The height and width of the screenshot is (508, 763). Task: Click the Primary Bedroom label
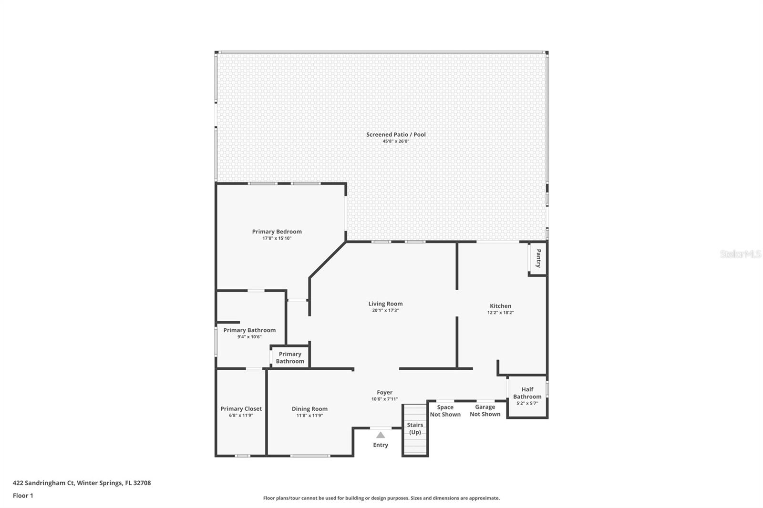click(x=277, y=232)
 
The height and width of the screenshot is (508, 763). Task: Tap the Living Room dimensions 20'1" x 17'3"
click(x=385, y=310)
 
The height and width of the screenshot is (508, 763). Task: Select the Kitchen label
click(x=500, y=306)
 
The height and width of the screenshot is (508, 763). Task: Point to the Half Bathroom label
click(x=527, y=393)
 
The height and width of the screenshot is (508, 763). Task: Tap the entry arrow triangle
click(x=381, y=435)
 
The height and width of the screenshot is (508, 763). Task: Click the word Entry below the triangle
click(x=381, y=445)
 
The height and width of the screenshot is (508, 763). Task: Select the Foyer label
click(x=384, y=392)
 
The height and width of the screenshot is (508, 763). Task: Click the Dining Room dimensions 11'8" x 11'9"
click(x=309, y=416)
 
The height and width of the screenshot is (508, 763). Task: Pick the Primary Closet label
click(x=241, y=408)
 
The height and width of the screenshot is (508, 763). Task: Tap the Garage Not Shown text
click(x=485, y=410)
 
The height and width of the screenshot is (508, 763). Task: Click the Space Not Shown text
click(x=445, y=410)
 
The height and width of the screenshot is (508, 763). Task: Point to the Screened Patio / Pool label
click(x=396, y=134)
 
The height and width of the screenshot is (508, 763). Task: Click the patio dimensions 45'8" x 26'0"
click(x=396, y=142)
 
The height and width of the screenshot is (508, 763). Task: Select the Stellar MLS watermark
click(x=740, y=254)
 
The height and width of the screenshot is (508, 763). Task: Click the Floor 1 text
click(x=23, y=496)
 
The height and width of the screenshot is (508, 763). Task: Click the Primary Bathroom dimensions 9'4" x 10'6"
click(x=249, y=337)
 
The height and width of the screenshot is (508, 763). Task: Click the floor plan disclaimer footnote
click(x=381, y=498)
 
